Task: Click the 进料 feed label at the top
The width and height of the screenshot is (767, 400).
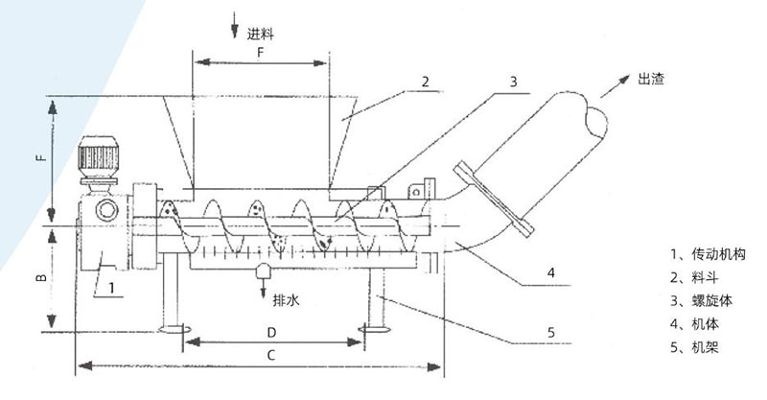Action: click(260, 35)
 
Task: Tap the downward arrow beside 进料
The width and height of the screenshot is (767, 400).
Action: click(234, 25)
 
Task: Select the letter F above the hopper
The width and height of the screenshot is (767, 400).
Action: click(260, 53)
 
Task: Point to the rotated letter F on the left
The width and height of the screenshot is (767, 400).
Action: click(42, 157)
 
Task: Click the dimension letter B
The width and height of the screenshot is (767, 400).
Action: click(42, 277)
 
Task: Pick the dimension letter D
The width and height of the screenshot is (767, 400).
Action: click(271, 333)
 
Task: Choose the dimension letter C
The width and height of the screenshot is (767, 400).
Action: click(271, 355)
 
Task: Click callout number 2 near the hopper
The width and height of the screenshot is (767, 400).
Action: click(425, 82)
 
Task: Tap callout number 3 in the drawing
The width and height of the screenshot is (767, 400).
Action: click(513, 82)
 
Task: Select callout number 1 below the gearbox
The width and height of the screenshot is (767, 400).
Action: click(111, 288)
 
